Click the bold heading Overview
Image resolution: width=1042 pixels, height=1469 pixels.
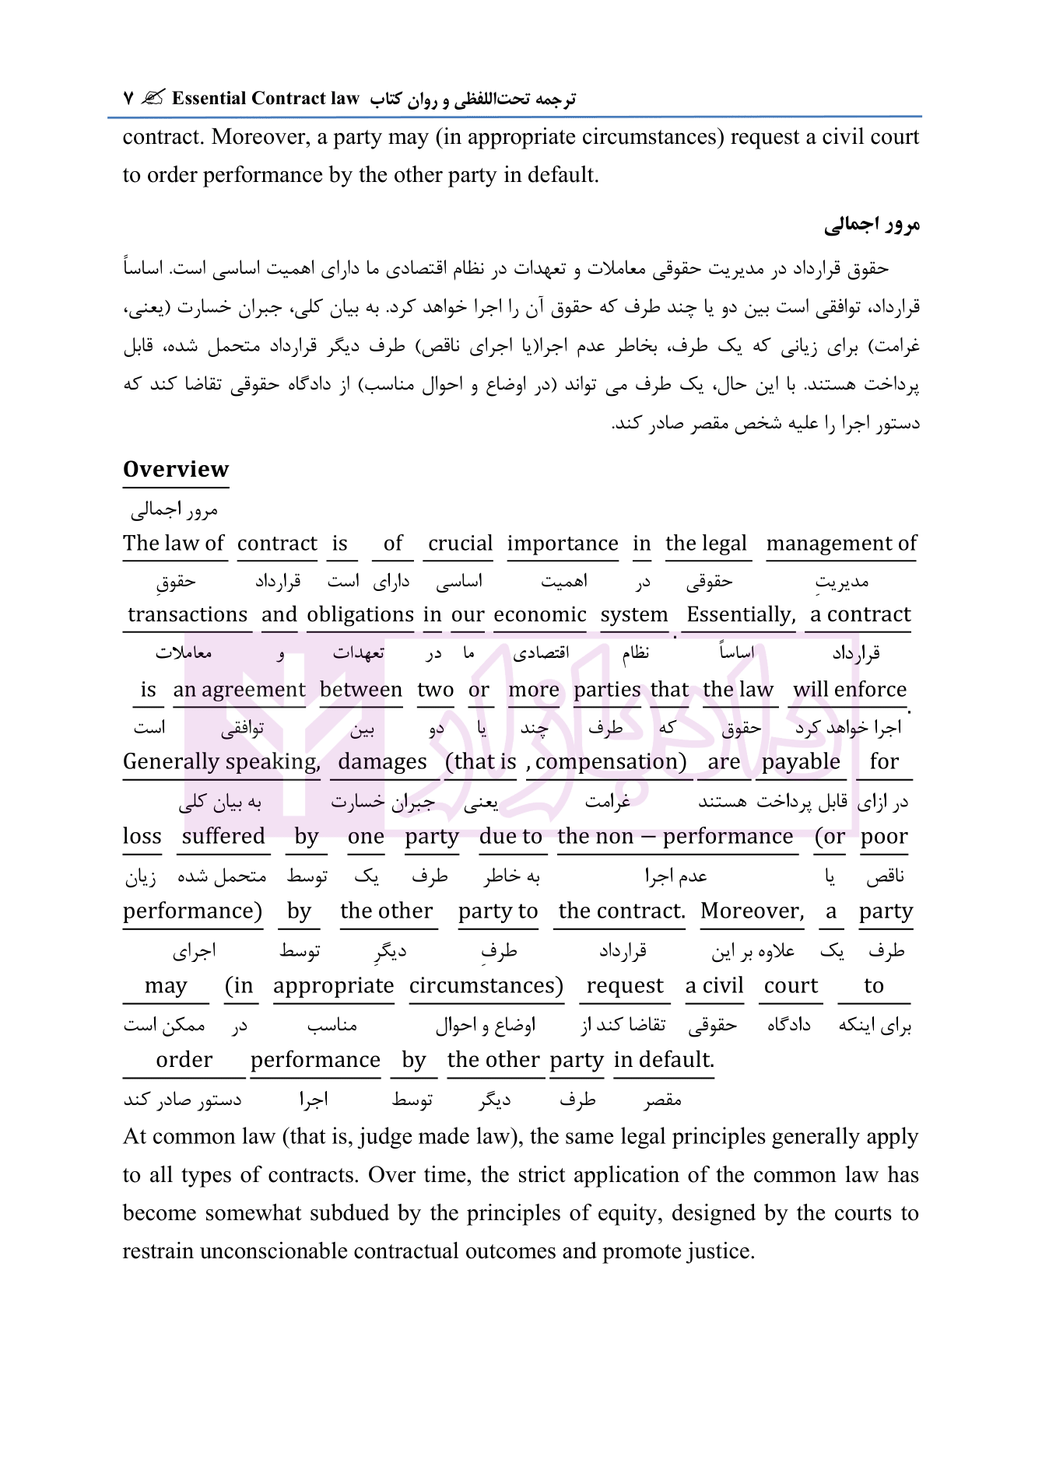point(176,469)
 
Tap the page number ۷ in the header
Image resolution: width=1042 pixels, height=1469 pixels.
point(128,99)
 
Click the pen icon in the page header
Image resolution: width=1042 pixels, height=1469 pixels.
point(153,98)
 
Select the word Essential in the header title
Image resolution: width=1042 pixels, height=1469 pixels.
point(209,98)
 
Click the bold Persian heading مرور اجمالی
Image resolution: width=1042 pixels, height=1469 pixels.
point(872,225)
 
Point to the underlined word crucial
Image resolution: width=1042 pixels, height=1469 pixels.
point(460,543)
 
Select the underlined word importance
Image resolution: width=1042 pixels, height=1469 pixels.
point(562,543)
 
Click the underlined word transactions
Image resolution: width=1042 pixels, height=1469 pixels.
point(188,614)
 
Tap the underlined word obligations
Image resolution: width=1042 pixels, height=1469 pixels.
point(360,614)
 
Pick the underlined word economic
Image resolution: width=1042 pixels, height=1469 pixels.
point(539,614)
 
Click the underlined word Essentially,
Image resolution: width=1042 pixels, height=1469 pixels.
point(741,614)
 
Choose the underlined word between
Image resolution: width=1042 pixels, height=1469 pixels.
point(361,689)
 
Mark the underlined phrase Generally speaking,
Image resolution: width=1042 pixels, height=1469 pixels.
point(222,761)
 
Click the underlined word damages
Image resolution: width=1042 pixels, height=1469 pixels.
point(382,761)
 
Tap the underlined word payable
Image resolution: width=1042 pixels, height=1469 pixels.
point(801,761)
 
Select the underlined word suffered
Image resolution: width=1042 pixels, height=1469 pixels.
point(223,836)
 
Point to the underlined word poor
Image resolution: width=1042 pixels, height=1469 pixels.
point(884,836)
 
